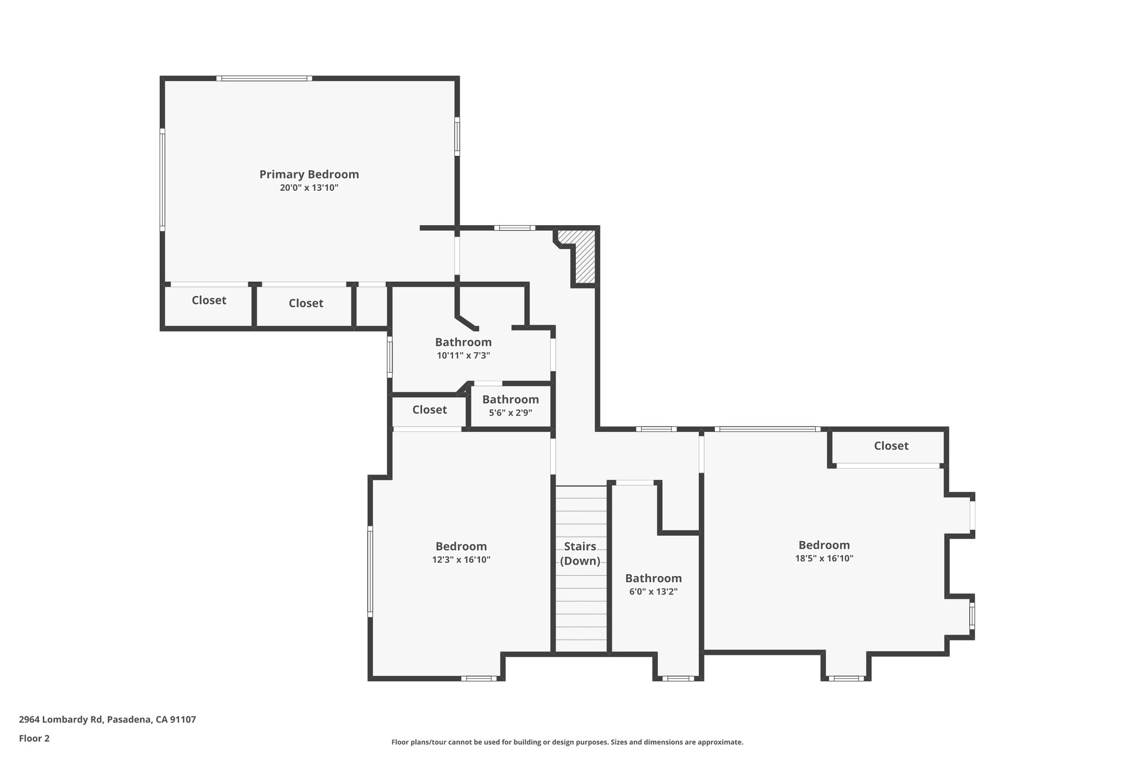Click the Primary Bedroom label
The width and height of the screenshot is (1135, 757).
[x=309, y=174]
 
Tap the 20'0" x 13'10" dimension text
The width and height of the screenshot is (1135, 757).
[x=309, y=188]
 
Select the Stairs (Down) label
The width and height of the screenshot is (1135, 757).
[x=580, y=553]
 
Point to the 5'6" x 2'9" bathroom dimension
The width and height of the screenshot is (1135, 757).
[x=510, y=413]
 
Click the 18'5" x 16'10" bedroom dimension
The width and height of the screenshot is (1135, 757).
[x=824, y=558]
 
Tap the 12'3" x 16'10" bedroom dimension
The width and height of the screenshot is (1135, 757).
[x=461, y=560]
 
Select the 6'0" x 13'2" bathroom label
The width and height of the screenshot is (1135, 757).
[x=653, y=592]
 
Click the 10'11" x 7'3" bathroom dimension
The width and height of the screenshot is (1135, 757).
[x=463, y=355]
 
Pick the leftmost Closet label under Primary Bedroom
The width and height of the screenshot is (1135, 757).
[x=209, y=300]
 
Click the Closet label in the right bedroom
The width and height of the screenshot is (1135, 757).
[x=891, y=445]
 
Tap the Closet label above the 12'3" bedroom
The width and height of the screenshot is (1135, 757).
[x=429, y=409]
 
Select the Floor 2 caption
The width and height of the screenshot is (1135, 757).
[x=34, y=738]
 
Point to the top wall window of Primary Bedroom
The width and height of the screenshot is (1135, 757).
[x=264, y=79]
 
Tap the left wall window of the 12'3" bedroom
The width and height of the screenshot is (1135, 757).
[x=370, y=571]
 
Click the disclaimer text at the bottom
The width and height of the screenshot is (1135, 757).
[x=567, y=742]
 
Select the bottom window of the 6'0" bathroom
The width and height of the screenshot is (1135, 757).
[x=678, y=678]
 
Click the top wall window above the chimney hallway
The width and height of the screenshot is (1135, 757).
[x=514, y=227]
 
